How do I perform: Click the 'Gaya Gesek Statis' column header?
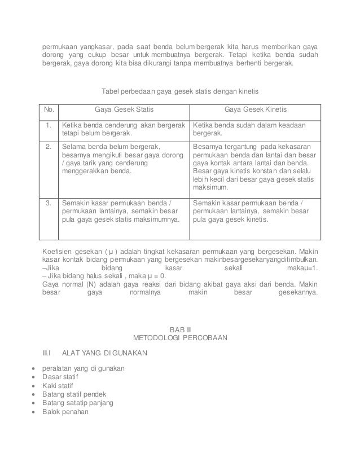(x=123, y=109)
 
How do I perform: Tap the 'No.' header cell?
(x=49, y=109)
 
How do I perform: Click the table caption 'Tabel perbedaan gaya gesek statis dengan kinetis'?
(x=179, y=91)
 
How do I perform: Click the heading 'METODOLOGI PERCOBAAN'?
(x=179, y=338)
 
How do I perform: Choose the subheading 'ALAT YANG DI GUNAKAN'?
(x=105, y=353)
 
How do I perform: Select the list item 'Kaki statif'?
(x=59, y=385)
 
